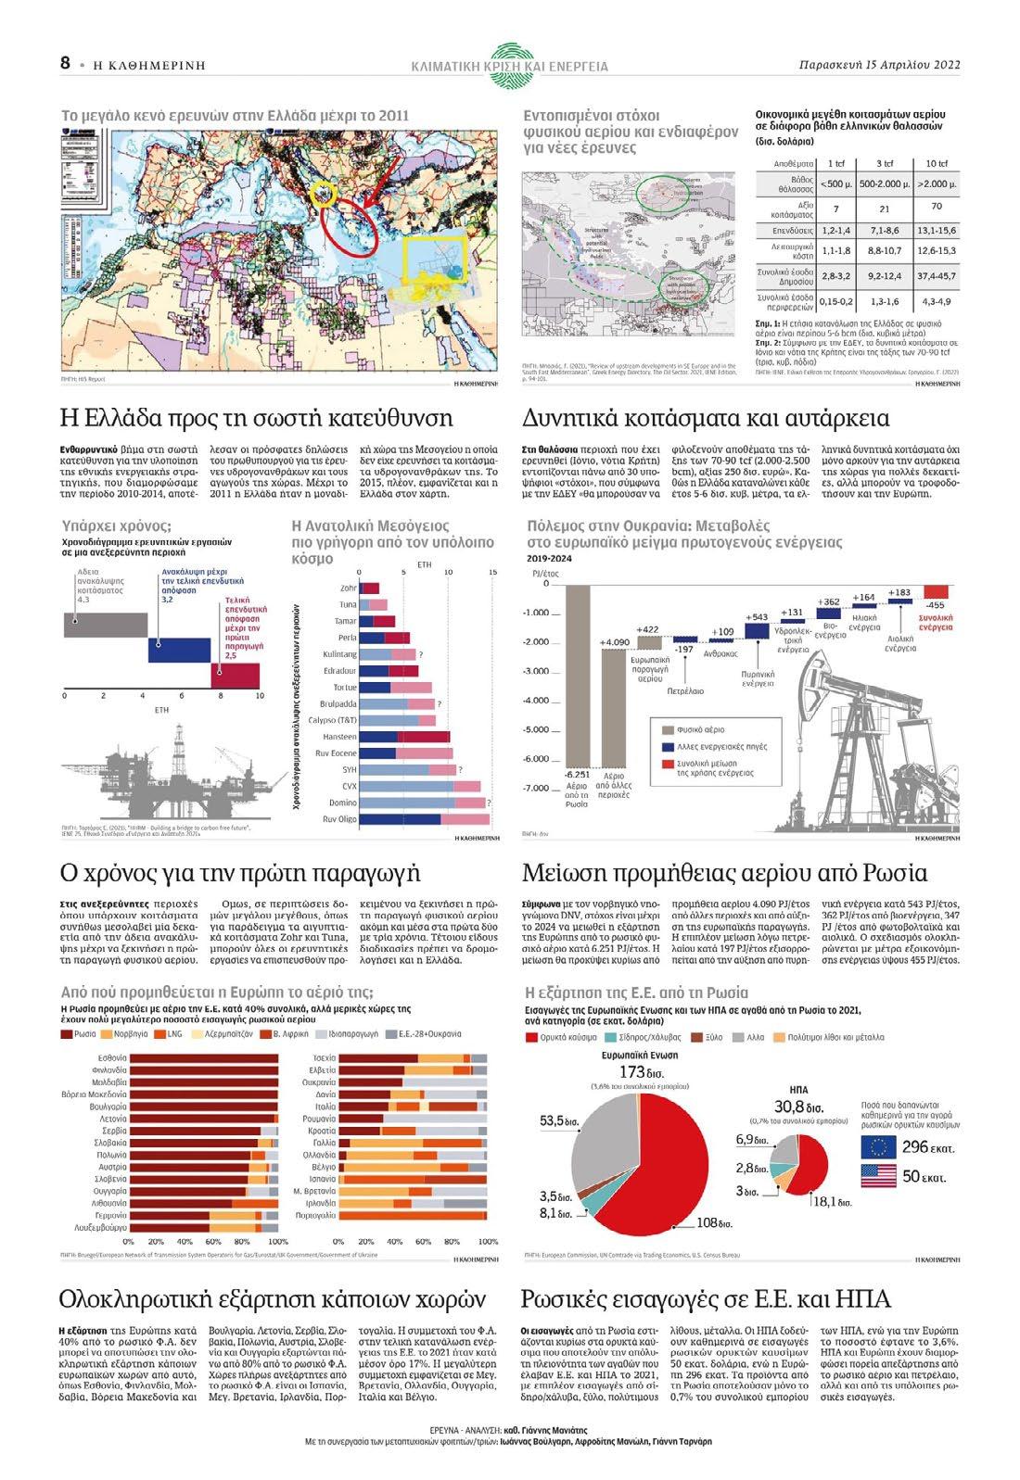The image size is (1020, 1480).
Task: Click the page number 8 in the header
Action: [x=65, y=63]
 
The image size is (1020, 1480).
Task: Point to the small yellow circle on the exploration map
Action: [x=324, y=194]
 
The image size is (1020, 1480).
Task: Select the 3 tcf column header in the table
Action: [x=884, y=163]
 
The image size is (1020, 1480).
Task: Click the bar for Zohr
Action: [x=370, y=588]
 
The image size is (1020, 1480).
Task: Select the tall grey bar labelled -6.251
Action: [x=577, y=677]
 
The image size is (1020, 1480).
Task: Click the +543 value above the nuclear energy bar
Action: [x=756, y=616]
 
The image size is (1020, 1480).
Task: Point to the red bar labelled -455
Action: [x=936, y=591]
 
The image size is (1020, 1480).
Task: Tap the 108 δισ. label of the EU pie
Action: [x=713, y=1223]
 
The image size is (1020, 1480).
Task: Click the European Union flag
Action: [x=878, y=1146]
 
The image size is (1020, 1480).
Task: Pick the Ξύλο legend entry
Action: [x=708, y=1037]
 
